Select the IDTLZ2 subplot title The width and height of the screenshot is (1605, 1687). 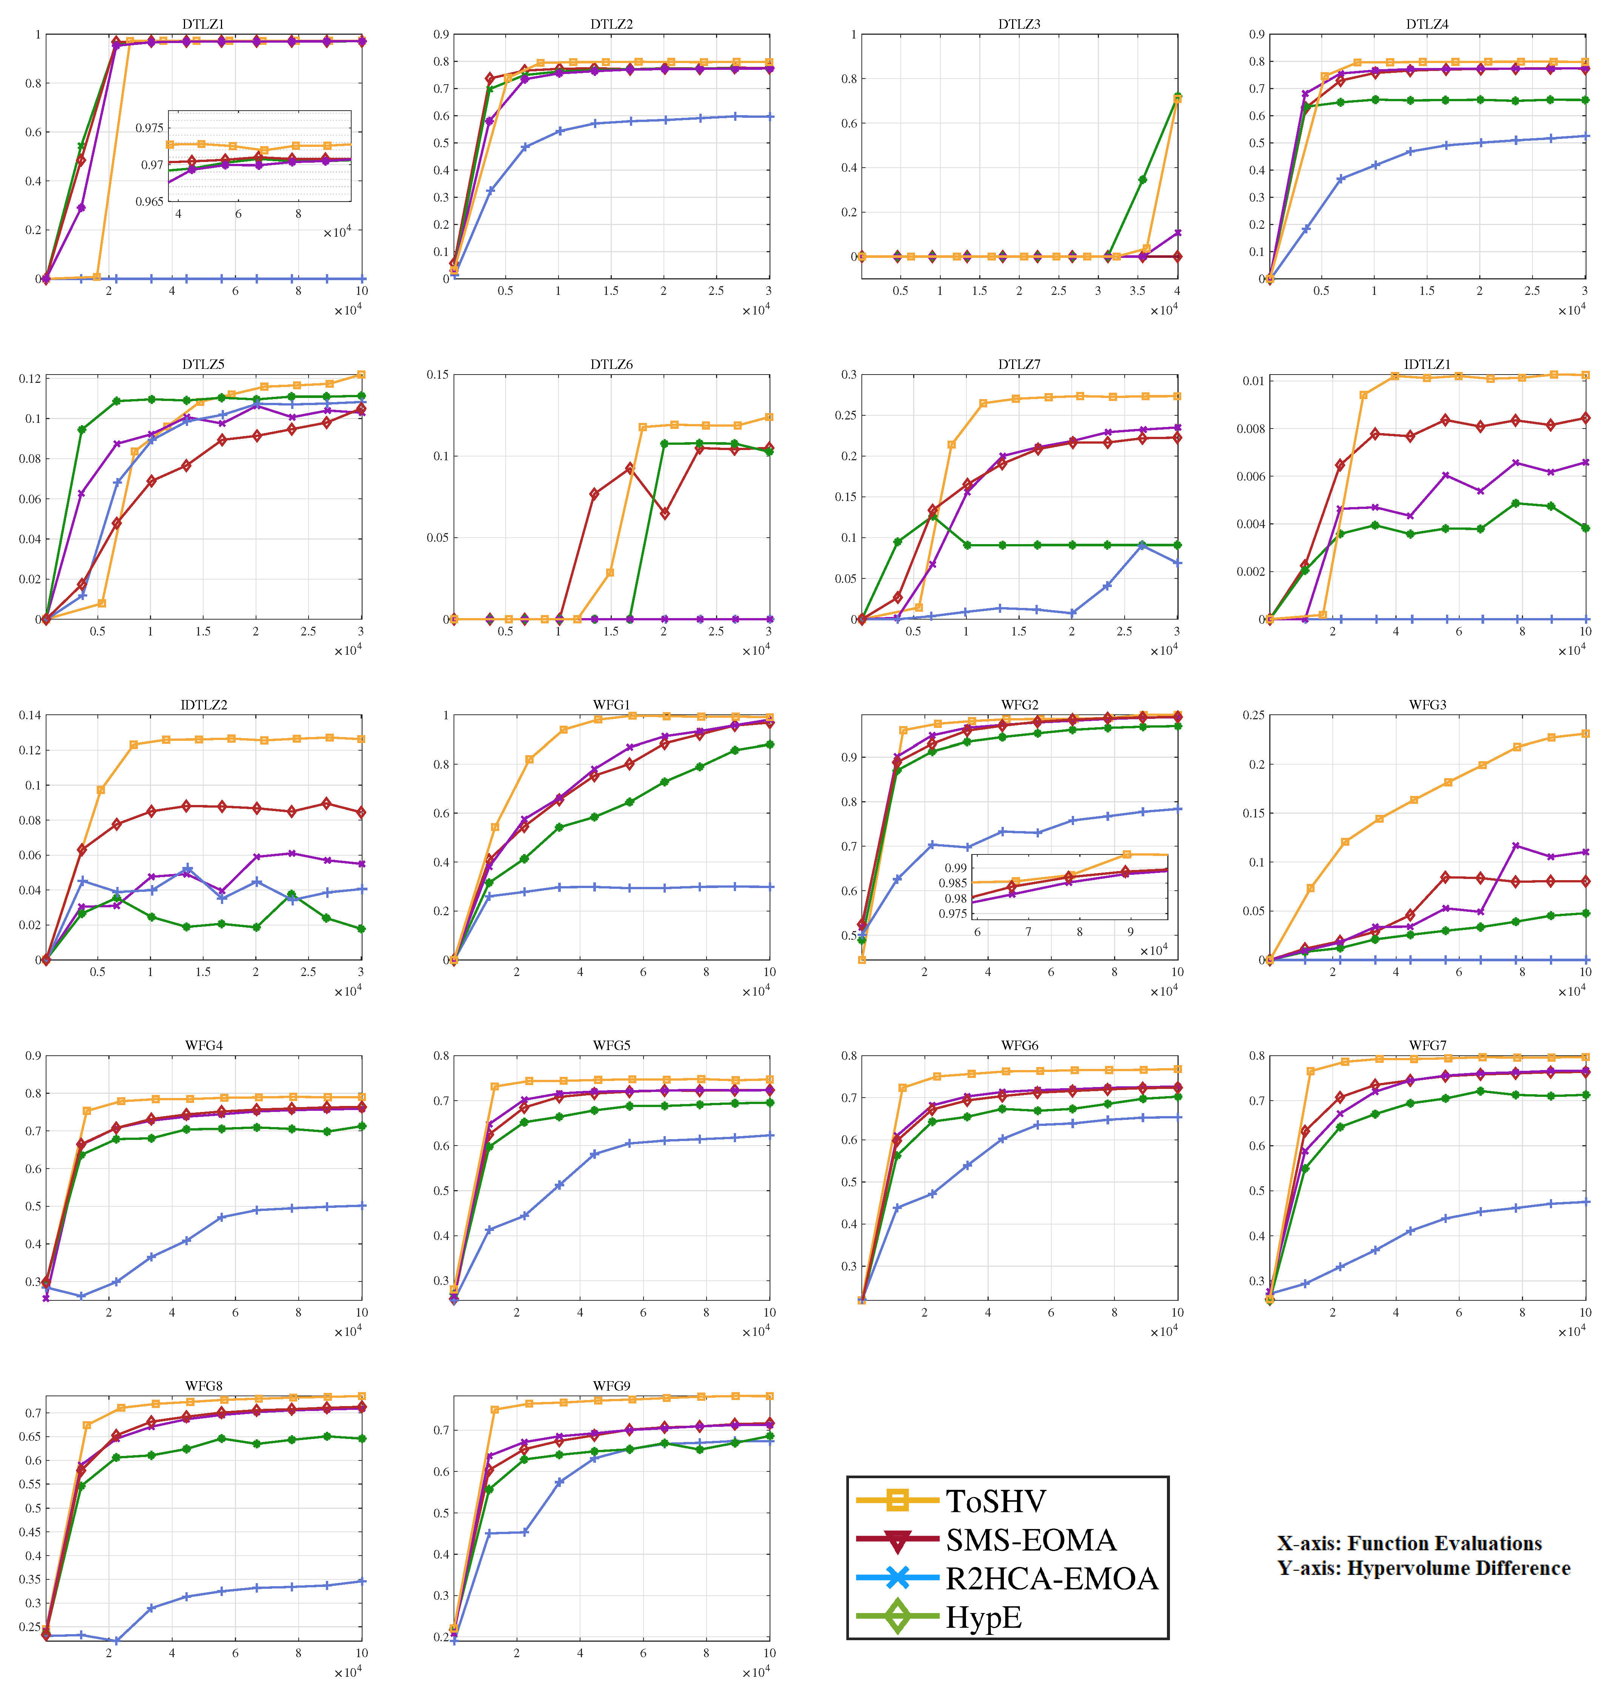[x=204, y=705]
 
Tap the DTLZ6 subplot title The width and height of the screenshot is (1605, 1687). [x=611, y=364]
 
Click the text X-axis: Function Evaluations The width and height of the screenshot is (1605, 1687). [x=1409, y=1543]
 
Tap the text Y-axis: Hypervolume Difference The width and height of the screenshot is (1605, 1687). [x=1424, y=1568]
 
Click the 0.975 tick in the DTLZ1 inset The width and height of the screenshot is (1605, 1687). [x=150, y=128]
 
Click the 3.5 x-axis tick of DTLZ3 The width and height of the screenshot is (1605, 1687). [x=1137, y=291]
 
